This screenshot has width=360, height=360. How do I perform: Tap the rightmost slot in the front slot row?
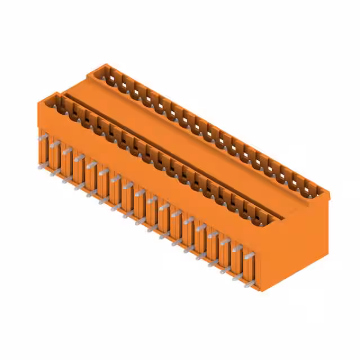point(268,219)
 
